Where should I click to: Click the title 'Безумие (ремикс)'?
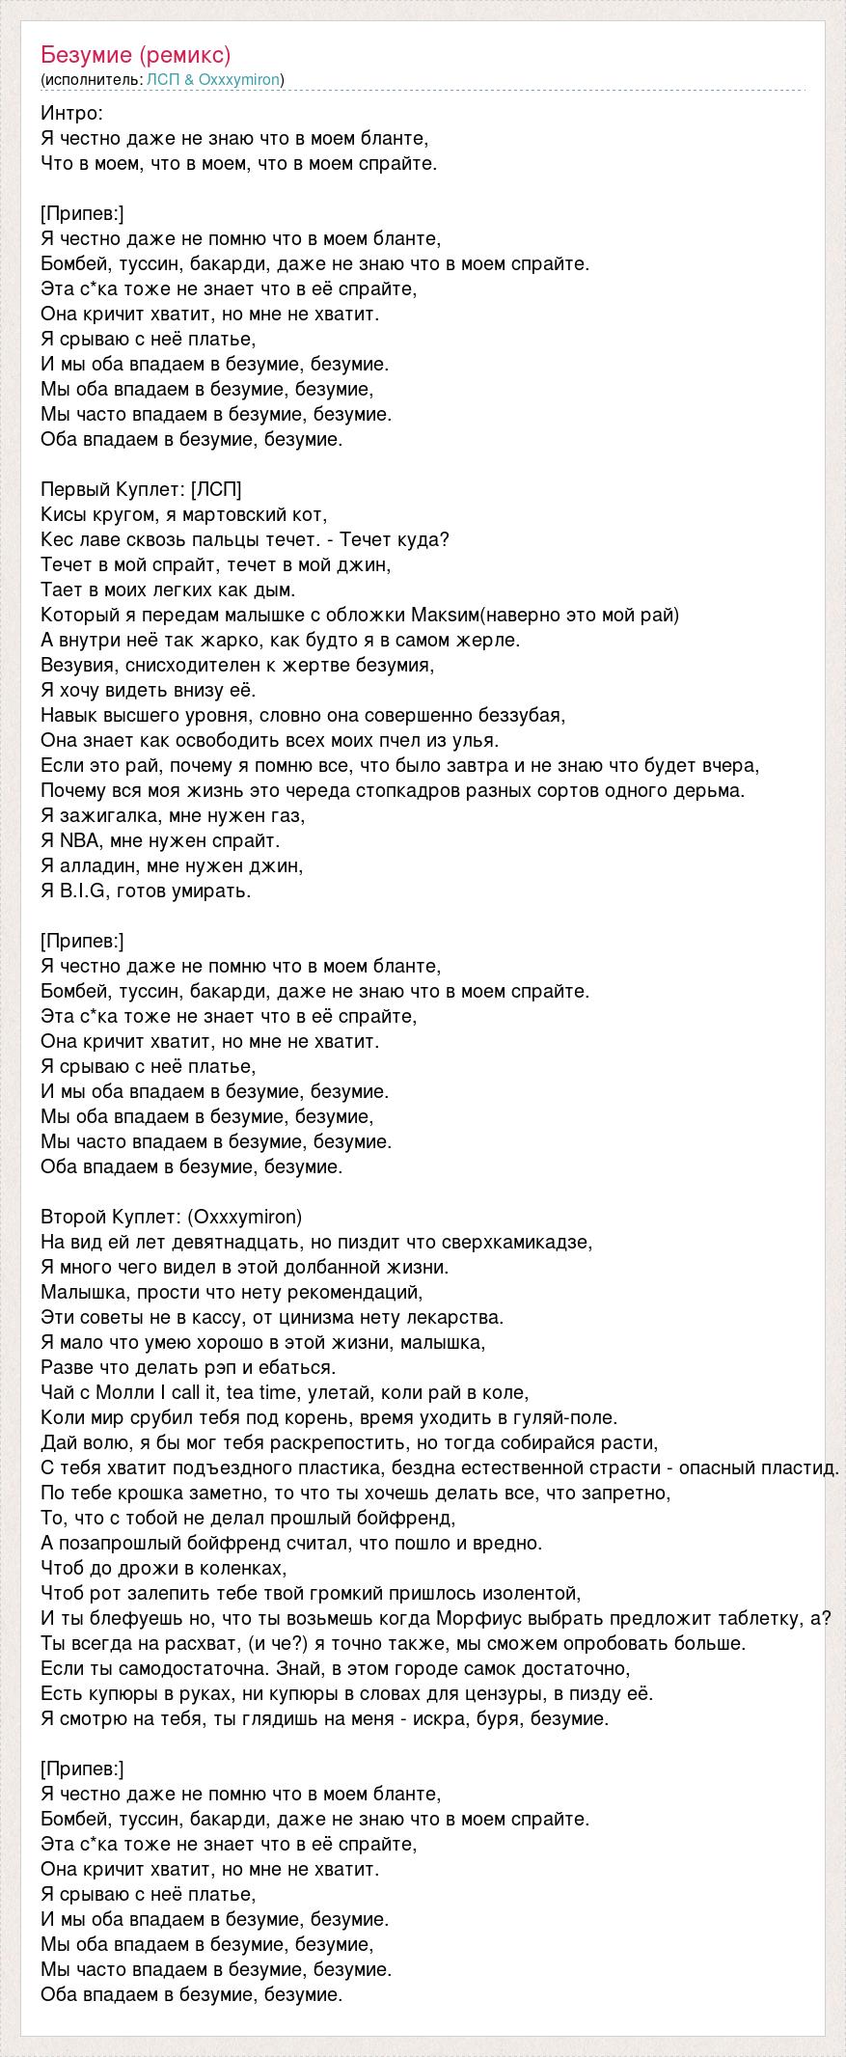click(136, 54)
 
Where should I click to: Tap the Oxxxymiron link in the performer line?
click(238, 79)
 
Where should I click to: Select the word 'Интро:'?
click(72, 113)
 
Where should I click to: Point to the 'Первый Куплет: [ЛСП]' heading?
click(141, 489)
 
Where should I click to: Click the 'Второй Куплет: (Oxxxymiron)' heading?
click(172, 1217)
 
